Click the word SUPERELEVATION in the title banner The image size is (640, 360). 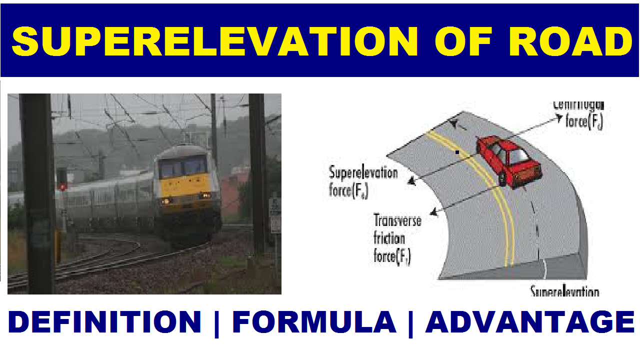click(x=215, y=41)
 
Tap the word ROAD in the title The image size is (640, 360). click(x=570, y=41)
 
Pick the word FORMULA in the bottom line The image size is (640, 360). click(x=314, y=322)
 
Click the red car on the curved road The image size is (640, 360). click(x=508, y=160)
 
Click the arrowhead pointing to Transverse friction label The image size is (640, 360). click(x=433, y=212)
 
